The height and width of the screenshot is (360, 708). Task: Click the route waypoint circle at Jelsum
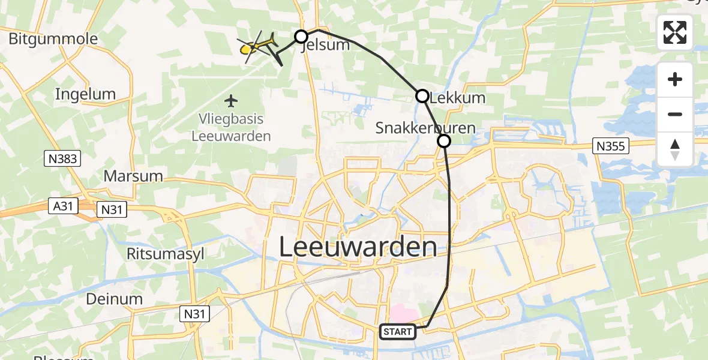[301, 37]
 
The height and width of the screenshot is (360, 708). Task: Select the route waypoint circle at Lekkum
[422, 96]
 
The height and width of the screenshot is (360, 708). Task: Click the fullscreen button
[675, 32]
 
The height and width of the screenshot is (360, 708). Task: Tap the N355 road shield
[610, 145]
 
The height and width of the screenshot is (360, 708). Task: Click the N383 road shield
[62, 158]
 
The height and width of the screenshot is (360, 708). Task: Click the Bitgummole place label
[53, 39]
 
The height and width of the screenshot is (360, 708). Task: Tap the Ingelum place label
[85, 94]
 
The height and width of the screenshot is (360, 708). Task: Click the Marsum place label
[133, 176]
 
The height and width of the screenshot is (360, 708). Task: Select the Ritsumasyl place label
[166, 254]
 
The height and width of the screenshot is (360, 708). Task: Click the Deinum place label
[114, 299]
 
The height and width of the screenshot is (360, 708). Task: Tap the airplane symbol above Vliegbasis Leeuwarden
[231, 100]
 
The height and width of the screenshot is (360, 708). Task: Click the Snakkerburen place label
[417, 128]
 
